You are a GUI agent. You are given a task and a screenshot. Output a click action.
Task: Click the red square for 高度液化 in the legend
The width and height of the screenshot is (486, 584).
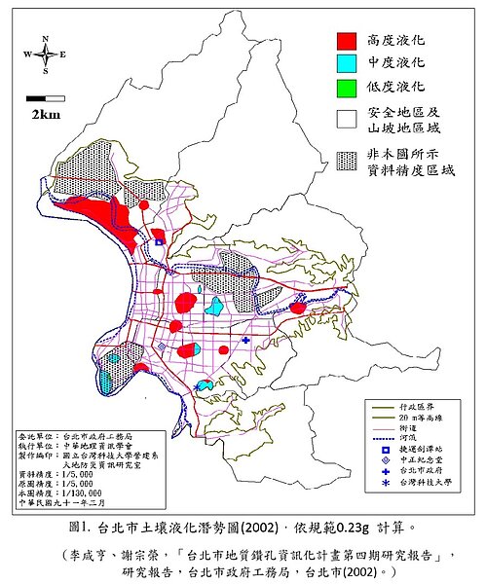[345, 41]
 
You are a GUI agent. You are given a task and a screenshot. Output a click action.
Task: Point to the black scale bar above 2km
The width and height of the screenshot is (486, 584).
[38, 98]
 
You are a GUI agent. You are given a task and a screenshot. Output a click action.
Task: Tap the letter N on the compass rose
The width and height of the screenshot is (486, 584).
[45, 38]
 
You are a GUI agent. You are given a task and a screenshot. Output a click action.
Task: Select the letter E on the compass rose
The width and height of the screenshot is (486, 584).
[63, 55]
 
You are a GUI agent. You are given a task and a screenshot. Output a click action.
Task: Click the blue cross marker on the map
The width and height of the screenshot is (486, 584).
[245, 340]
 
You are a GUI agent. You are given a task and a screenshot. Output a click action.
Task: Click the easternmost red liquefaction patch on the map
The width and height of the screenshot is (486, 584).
[299, 308]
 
